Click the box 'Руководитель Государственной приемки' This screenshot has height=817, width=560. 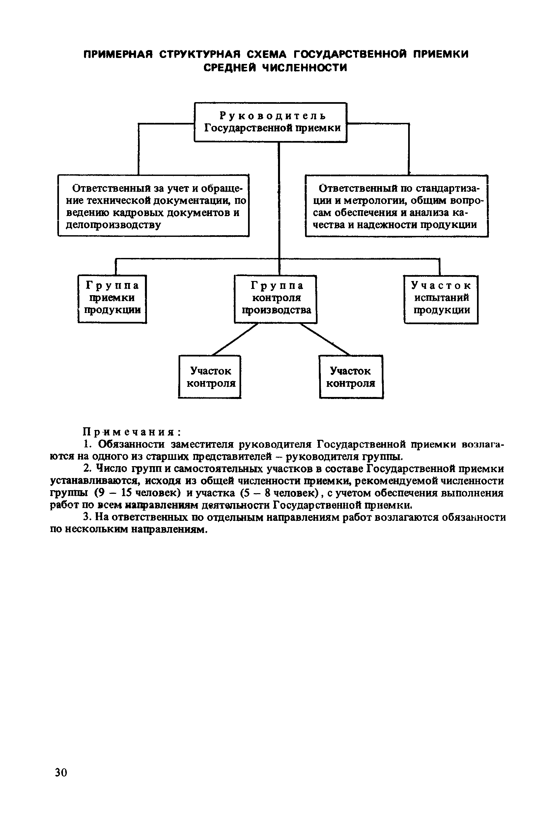click(270, 122)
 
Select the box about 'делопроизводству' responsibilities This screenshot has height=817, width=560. click(153, 206)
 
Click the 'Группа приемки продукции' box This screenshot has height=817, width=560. click(112, 299)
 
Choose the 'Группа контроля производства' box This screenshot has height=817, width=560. click(276, 299)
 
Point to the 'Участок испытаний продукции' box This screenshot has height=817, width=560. click(441, 299)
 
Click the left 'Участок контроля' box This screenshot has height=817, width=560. click(210, 377)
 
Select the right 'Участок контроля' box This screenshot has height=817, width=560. click(351, 377)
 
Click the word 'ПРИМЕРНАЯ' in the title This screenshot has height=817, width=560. click(118, 54)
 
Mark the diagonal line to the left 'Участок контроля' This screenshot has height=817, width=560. click(235, 339)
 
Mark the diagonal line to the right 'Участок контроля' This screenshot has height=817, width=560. click(325, 339)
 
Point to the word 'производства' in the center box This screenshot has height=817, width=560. click(277, 310)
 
